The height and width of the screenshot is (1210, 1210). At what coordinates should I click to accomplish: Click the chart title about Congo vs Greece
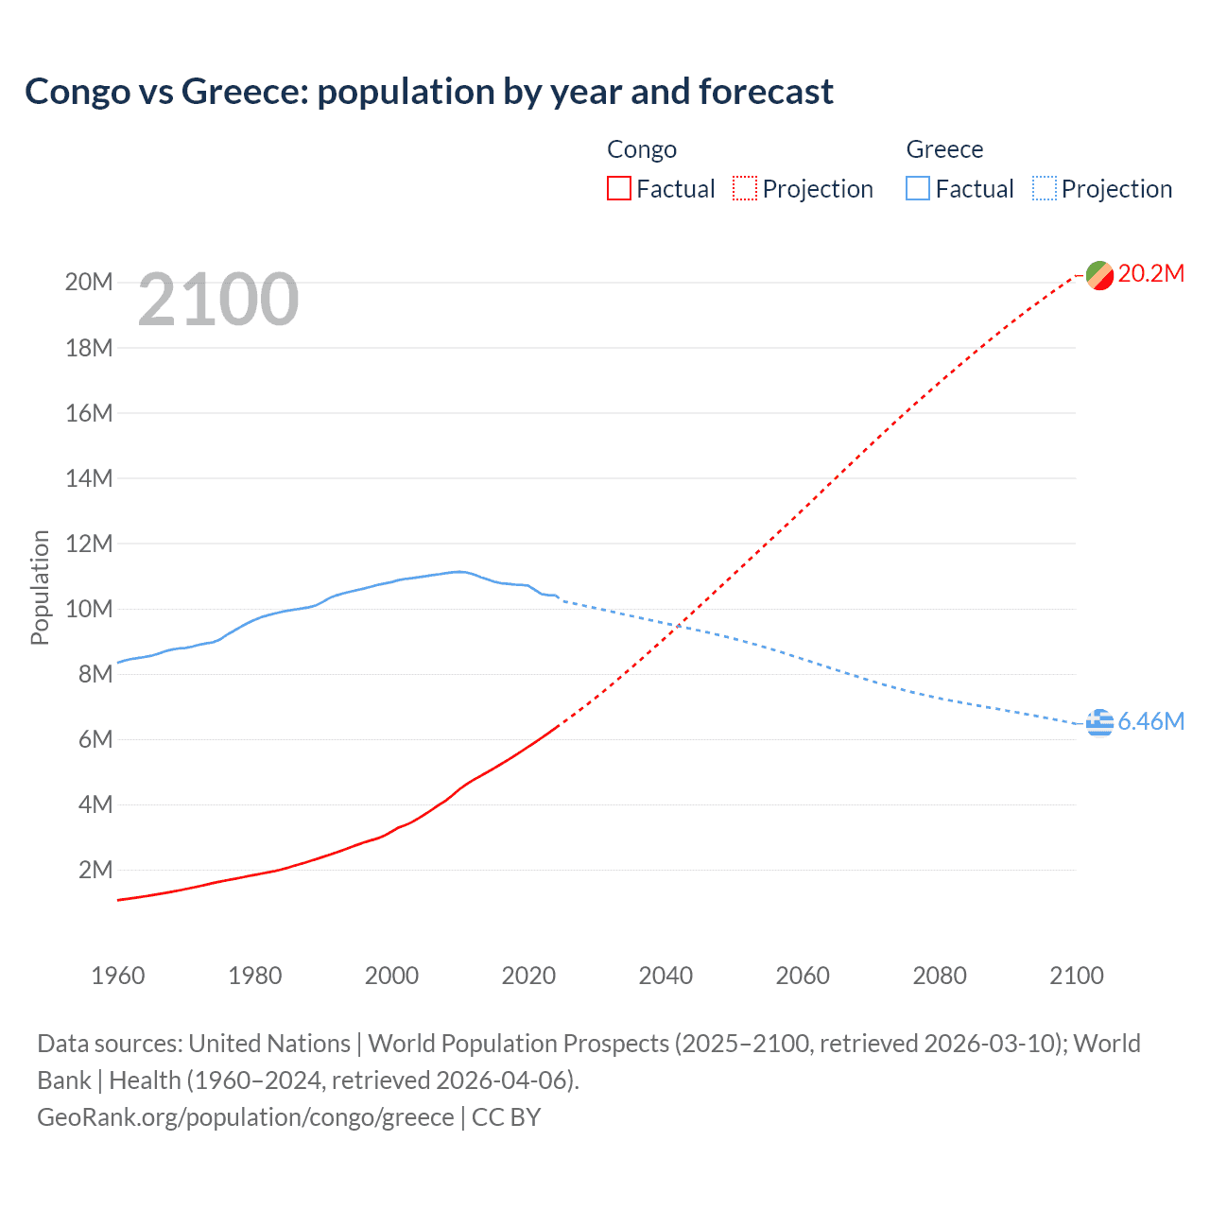(429, 92)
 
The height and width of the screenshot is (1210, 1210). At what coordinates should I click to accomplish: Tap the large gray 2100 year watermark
(218, 300)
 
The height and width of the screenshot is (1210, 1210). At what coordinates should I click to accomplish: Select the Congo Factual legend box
(619, 189)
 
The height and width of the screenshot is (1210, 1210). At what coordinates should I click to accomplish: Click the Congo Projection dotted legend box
(745, 189)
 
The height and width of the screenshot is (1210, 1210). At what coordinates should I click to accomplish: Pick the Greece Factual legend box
(918, 189)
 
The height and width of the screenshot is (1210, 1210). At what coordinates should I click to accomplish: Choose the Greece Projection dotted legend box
(1045, 189)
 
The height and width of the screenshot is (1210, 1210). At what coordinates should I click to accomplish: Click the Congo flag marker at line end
(1099, 275)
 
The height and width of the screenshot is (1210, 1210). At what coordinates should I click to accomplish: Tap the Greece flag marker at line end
(1099, 722)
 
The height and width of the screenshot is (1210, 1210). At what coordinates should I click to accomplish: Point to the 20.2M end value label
(1151, 274)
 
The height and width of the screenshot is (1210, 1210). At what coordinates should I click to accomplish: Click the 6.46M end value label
(1151, 722)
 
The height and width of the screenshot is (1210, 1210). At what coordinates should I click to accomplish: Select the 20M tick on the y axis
(89, 283)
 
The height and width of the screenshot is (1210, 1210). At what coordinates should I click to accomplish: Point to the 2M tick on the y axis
(95, 870)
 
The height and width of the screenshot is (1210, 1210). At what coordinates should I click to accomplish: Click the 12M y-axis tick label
(89, 544)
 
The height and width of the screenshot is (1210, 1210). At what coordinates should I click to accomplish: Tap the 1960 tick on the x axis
(118, 976)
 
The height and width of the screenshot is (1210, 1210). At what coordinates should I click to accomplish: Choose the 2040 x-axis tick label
(665, 976)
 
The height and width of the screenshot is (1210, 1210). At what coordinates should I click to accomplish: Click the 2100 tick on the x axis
(1077, 976)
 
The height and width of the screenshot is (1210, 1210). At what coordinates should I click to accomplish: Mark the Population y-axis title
(40, 587)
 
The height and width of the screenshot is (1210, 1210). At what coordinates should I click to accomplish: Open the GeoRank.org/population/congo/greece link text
(246, 1117)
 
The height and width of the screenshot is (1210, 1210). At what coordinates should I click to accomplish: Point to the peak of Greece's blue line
(458, 571)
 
